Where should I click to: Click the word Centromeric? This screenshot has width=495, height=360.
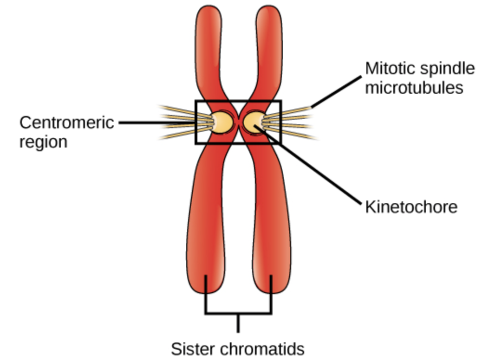[66, 123]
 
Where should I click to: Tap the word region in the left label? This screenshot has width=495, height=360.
[43, 141]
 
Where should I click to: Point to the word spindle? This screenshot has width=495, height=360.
[448, 69]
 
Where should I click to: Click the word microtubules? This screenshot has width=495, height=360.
[414, 88]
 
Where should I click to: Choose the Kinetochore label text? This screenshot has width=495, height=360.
[411, 207]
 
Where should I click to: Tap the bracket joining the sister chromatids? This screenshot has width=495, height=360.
[238, 314]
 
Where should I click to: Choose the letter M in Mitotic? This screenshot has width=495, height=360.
[372, 69]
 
